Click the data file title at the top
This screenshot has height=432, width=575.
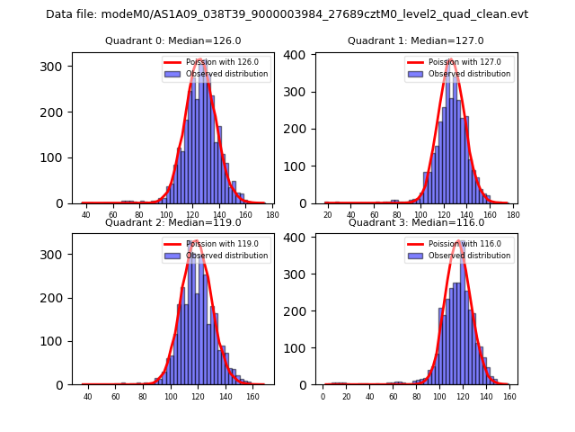click(x=287, y=14)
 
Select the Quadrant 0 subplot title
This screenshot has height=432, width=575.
click(x=173, y=40)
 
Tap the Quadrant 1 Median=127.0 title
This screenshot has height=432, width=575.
click(x=416, y=40)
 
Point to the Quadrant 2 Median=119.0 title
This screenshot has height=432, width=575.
click(x=173, y=222)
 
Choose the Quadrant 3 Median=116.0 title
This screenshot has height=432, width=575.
click(x=416, y=222)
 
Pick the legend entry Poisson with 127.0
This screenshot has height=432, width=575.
click(x=461, y=62)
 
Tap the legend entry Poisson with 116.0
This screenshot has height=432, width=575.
click(x=461, y=244)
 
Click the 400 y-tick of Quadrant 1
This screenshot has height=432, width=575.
click(x=296, y=55)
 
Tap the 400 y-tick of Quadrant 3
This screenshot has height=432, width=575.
click(x=296, y=238)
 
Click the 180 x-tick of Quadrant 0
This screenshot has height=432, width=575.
click(x=272, y=215)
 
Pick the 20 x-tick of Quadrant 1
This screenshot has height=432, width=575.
click(x=328, y=215)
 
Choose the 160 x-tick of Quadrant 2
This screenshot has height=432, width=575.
click(x=252, y=396)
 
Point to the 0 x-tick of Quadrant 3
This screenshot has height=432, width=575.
click(x=323, y=396)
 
